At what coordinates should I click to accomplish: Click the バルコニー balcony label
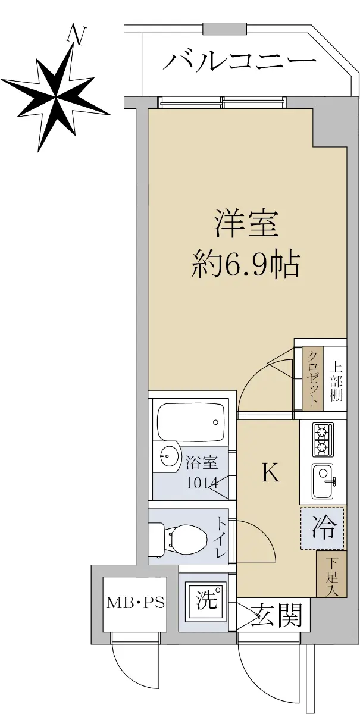click(239, 61)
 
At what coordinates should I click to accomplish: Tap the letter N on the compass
click(76, 35)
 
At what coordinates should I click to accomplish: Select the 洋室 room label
click(246, 224)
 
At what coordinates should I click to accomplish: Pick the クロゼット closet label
click(312, 378)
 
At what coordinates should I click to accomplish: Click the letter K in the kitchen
click(270, 472)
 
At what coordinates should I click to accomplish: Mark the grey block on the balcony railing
click(225, 29)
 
